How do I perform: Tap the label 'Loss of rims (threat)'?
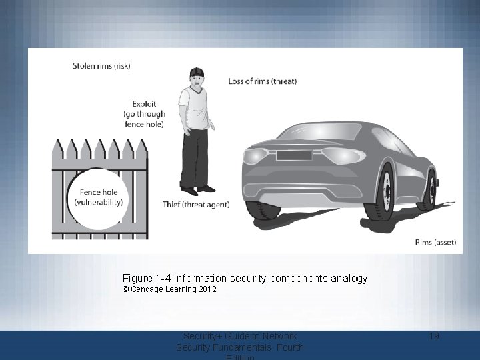(x=263, y=81)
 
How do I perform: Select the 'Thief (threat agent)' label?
(x=196, y=204)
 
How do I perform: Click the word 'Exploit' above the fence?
(x=144, y=104)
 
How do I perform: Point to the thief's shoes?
(x=197, y=189)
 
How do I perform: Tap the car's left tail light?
(x=256, y=157)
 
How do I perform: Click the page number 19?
(x=433, y=336)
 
